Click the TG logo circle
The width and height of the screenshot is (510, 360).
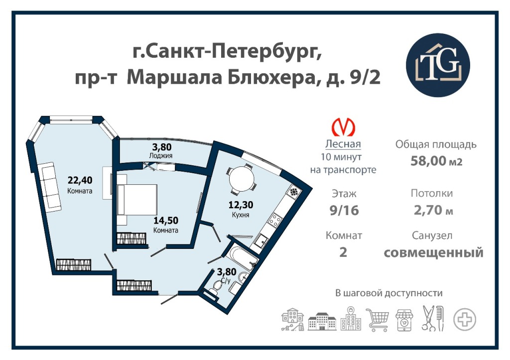[438, 65]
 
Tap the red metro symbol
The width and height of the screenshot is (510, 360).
[343, 127]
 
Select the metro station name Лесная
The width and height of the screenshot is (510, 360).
[343, 144]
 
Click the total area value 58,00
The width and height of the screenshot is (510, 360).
[427, 161]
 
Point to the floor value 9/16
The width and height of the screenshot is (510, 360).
[344, 211]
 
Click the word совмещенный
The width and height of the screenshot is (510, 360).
[434, 252]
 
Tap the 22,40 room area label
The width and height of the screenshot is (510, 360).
[80, 180]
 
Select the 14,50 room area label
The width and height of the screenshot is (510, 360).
[166, 220]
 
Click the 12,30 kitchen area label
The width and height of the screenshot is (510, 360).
[241, 205]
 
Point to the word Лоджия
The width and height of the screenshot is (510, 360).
[161, 155]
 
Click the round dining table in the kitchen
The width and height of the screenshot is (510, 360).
[242, 179]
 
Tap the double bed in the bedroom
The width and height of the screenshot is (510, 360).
[136, 199]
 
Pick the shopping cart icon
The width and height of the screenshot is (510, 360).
[378, 320]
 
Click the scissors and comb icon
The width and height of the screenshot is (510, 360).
[433, 318]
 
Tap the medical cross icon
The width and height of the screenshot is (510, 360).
[465, 319]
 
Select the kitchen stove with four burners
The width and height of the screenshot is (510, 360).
[274, 221]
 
